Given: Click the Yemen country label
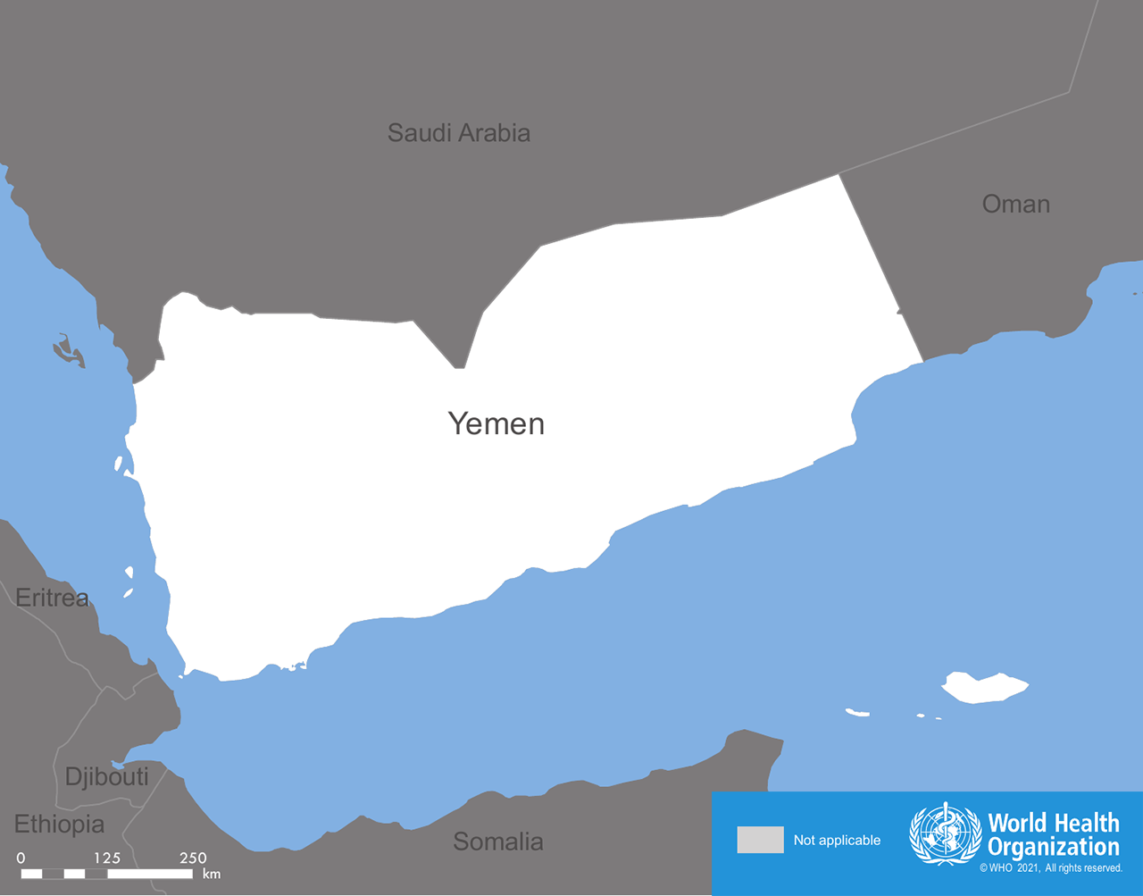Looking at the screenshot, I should (x=496, y=423).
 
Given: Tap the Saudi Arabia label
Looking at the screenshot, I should (x=458, y=133).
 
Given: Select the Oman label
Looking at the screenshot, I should (x=1015, y=204).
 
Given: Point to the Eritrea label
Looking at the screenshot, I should (x=52, y=598).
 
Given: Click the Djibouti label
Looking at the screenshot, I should (x=106, y=776).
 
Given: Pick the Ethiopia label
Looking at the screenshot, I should (x=59, y=824).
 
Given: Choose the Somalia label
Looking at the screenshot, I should (x=497, y=842).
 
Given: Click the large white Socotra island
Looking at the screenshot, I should (x=982, y=687).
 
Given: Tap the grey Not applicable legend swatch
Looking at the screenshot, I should (x=760, y=840).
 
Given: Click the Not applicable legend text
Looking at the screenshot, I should (x=837, y=840).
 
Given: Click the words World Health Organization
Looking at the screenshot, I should (x=1053, y=834).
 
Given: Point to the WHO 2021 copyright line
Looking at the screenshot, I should (x=1050, y=867).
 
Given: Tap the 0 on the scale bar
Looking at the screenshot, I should (x=21, y=858).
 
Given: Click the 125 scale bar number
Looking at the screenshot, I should (x=106, y=858).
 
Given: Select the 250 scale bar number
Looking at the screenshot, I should (x=193, y=858).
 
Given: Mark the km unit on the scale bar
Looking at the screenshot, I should (x=212, y=874).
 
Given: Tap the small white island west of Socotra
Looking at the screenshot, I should (x=857, y=712).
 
